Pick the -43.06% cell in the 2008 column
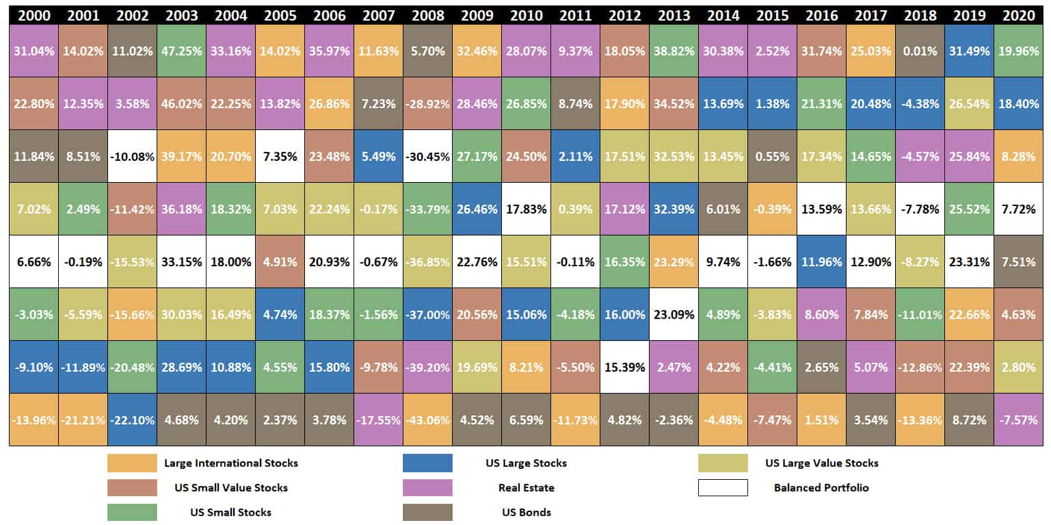click(x=427, y=420)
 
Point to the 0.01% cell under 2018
click(x=920, y=51)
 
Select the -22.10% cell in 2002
click(x=132, y=420)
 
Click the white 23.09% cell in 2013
click(x=674, y=314)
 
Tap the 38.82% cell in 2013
click(x=674, y=51)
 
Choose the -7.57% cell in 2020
click(x=1019, y=420)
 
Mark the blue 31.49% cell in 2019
click(x=970, y=51)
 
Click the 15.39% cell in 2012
click(x=625, y=367)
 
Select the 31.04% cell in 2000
click(x=34, y=51)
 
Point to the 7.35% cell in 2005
click(x=280, y=156)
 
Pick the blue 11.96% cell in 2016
click(x=822, y=261)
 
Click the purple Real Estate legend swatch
click(x=427, y=487)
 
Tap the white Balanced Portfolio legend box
click(x=723, y=487)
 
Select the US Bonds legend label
click(x=526, y=512)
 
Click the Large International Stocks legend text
click(x=231, y=463)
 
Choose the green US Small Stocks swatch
click(x=132, y=512)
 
